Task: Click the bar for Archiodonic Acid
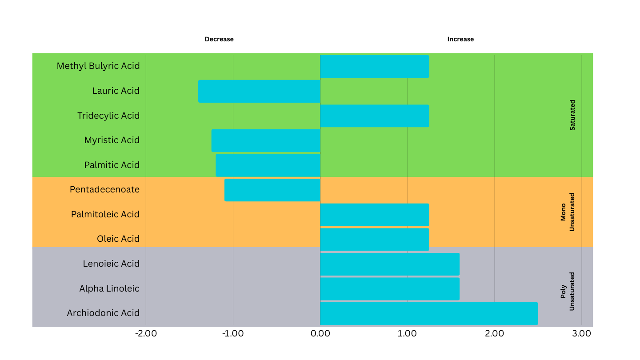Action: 429,313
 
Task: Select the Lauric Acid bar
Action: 259,91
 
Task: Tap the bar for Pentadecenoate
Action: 272,190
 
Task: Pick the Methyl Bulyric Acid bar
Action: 375,66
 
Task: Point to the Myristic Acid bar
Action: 266,140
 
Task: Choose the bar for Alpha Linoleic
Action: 390,289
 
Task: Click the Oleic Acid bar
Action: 375,239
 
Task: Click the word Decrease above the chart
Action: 219,39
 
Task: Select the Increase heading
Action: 460,39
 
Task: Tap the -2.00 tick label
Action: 146,333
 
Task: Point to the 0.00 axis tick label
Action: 320,333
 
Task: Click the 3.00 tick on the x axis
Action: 581,333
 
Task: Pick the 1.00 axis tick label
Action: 407,333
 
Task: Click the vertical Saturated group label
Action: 572,115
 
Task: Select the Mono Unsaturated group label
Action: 568,212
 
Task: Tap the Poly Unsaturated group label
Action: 568,291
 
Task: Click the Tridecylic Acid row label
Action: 108,116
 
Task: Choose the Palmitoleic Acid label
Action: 105,214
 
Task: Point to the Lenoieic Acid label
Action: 111,264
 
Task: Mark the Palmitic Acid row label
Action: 112,165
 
